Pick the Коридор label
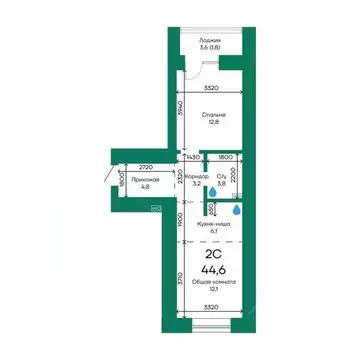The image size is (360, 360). [195, 175]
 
